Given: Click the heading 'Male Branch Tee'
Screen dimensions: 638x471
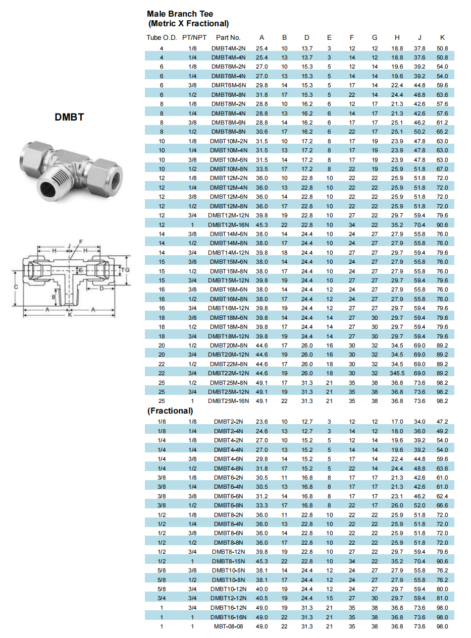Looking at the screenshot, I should click(x=180, y=14).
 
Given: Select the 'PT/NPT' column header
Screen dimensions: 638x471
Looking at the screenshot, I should click(x=194, y=37).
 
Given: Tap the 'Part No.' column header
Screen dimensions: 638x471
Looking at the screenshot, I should click(x=228, y=37).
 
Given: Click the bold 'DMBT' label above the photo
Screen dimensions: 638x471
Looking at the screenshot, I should click(x=69, y=118).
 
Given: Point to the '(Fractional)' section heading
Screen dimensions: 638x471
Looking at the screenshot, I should click(x=170, y=411).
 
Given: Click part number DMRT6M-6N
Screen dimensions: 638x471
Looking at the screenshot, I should click(x=228, y=85).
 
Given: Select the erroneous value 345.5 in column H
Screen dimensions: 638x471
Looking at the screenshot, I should click(x=397, y=373).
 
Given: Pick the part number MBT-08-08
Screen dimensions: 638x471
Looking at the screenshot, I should click(x=228, y=626).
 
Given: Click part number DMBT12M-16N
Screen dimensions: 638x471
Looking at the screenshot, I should click(x=228, y=224).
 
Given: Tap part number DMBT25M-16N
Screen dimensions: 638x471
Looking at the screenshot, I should click(x=228, y=401).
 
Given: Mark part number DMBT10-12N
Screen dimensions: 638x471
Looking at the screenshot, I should click(x=228, y=589).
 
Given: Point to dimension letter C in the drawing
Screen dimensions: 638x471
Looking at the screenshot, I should click(x=16, y=286).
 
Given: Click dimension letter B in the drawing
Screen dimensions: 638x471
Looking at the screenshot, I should click(x=53, y=297).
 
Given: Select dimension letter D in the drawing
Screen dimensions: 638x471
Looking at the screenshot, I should click(x=101, y=288).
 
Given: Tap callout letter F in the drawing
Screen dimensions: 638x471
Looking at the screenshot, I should click(x=80, y=242).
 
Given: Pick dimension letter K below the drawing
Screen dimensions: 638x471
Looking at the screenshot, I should click(x=70, y=315).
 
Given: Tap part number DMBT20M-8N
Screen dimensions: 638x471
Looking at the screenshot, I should click(x=228, y=345).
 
